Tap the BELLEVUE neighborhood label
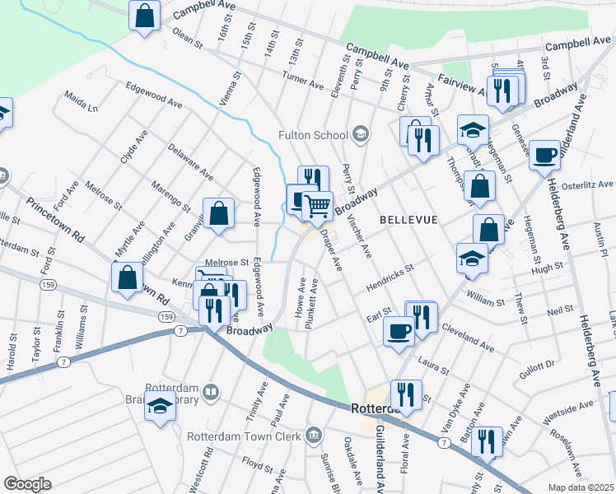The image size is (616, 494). point(408,220)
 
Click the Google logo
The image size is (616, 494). point(27,483)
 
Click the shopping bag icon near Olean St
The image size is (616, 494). point(145,16)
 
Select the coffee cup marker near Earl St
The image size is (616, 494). point(399,331)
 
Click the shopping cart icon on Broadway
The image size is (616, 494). point(318,205)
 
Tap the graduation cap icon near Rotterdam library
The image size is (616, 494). point(161,408)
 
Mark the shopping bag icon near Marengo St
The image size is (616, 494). point(219,213)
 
